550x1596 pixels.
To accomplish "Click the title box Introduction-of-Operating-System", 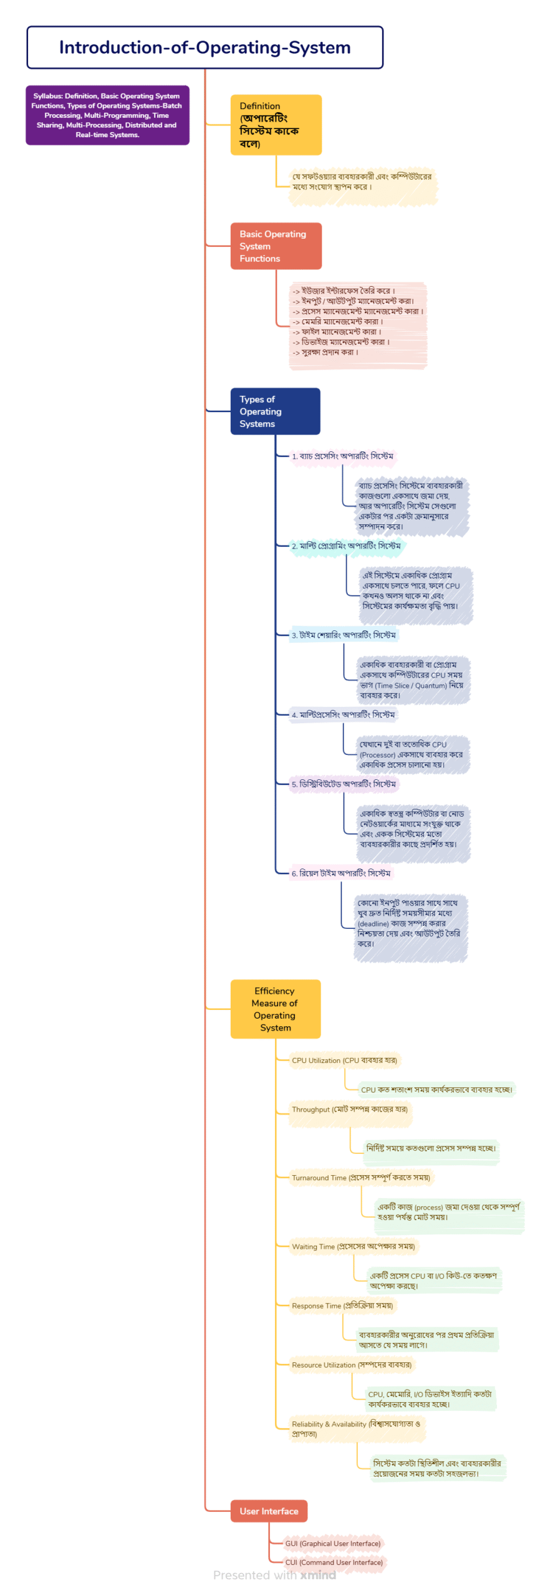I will tap(205, 47).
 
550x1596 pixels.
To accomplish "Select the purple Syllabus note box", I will tap(107, 115).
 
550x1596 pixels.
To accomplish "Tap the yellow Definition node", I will tap(276, 125).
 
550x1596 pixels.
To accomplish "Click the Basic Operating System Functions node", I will tap(276, 246).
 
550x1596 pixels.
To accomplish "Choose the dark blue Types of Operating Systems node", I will tap(275, 411).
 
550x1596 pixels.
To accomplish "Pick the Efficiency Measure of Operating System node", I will tap(275, 1008).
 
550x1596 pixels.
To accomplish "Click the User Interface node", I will tap(269, 1511).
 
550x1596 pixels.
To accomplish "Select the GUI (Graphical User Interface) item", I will tap(332, 1543).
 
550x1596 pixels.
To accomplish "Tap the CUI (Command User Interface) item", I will tap(334, 1562).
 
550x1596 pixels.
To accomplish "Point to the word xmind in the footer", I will tap(318, 1575).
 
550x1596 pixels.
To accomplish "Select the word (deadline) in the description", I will tap(373, 923).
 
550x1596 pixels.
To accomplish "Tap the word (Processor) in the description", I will tap(377, 754).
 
